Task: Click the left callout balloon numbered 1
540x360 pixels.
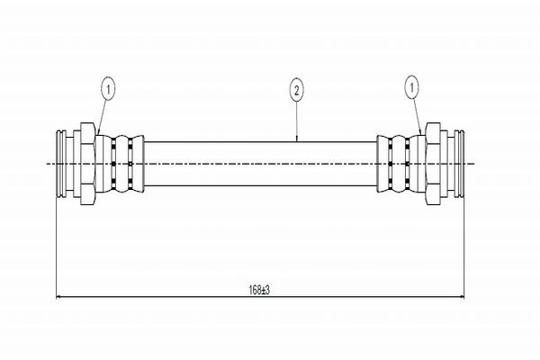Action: point(108,90)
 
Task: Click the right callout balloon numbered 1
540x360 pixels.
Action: point(411,88)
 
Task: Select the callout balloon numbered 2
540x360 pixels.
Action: point(296,90)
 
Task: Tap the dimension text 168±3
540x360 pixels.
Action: point(259,290)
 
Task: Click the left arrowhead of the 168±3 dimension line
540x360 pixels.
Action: point(58,296)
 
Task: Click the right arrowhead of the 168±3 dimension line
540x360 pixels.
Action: point(462,296)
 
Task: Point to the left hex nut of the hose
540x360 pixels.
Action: point(88,164)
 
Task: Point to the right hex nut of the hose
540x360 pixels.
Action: point(433,164)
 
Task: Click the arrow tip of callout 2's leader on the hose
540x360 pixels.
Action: point(297,141)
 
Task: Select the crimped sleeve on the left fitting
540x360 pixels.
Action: point(120,164)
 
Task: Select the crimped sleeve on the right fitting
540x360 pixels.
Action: point(401,164)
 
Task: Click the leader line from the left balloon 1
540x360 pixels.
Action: point(103,118)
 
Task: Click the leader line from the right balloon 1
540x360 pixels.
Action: point(417,117)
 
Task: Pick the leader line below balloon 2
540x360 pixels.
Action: point(297,121)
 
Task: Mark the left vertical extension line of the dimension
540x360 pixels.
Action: point(56,247)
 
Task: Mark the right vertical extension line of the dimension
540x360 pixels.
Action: point(464,247)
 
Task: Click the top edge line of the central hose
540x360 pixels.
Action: point(260,141)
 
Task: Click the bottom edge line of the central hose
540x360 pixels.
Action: point(260,186)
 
